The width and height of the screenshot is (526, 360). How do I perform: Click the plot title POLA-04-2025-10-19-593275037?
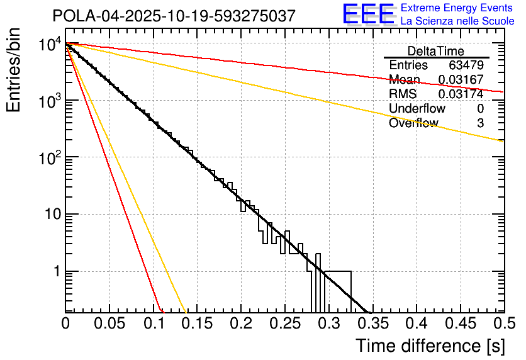click(x=174, y=16)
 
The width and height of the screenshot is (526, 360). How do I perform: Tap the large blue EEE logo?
click(x=368, y=14)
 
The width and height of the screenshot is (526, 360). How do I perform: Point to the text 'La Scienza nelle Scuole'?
click(x=457, y=21)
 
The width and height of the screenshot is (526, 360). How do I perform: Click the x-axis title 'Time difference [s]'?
click(x=429, y=346)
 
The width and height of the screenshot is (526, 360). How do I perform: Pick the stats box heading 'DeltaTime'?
click(x=436, y=51)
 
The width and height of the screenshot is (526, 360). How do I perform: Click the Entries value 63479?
click(x=466, y=65)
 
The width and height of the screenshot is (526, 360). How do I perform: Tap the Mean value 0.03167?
click(x=461, y=80)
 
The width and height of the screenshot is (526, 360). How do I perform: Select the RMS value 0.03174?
click(x=461, y=94)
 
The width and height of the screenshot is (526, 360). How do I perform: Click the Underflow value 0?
click(x=480, y=109)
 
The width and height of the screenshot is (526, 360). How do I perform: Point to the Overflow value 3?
click(x=480, y=123)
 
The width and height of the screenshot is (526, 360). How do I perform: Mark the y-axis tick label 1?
click(x=55, y=272)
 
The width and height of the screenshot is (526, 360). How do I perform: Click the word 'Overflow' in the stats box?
click(x=413, y=123)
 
